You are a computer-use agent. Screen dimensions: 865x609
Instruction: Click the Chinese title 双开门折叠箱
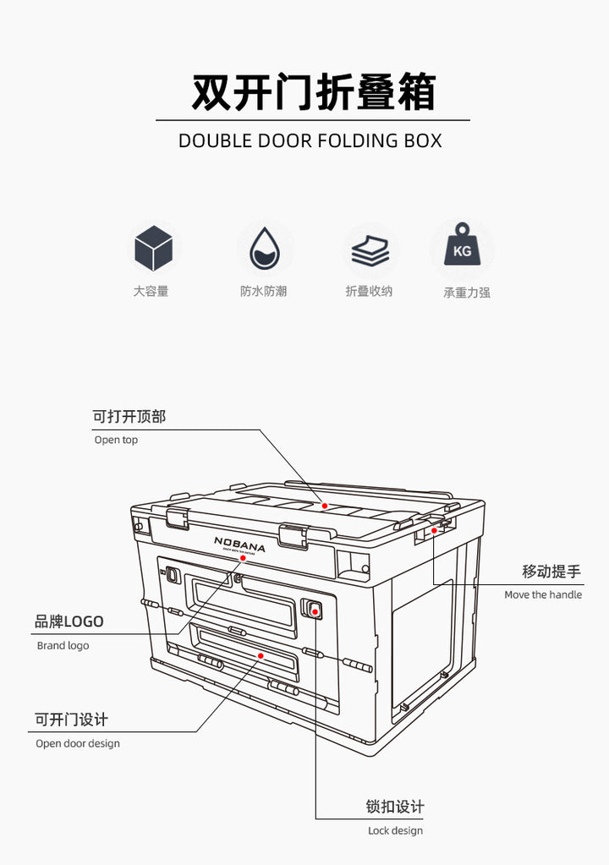click(x=313, y=92)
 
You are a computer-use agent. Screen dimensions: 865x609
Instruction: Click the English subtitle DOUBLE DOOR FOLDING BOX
click(x=310, y=140)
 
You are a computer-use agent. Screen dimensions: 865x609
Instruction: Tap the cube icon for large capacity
click(x=154, y=249)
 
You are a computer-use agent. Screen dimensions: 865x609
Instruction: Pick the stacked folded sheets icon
click(x=370, y=250)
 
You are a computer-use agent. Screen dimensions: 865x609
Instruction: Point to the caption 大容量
click(x=151, y=291)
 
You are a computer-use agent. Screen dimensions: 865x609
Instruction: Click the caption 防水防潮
click(x=263, y=291)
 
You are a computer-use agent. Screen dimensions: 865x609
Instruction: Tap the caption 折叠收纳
click(x=369, y=291)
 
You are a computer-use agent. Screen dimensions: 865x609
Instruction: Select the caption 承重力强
click(x=467, y=293)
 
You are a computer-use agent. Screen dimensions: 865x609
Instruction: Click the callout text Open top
click(x=116, y=440)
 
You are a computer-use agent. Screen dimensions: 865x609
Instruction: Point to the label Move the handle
click(x=543, y=594)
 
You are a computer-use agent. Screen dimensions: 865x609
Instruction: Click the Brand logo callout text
click(x=63, y=645)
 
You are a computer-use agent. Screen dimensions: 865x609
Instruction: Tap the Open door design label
click(x=78, y=743)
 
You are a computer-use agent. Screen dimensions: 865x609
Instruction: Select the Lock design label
click(x=395, y=830)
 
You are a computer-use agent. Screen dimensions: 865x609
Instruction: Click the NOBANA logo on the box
click(x=239, y=544)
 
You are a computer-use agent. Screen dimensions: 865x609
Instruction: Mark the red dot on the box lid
click(x=325, y=506)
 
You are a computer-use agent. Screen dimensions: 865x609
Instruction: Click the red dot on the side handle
click(x=434, y=530)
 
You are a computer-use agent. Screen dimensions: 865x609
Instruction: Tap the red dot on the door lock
click(x=315, y=609)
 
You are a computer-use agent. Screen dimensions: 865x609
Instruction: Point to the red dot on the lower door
click(x=261, y=655)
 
